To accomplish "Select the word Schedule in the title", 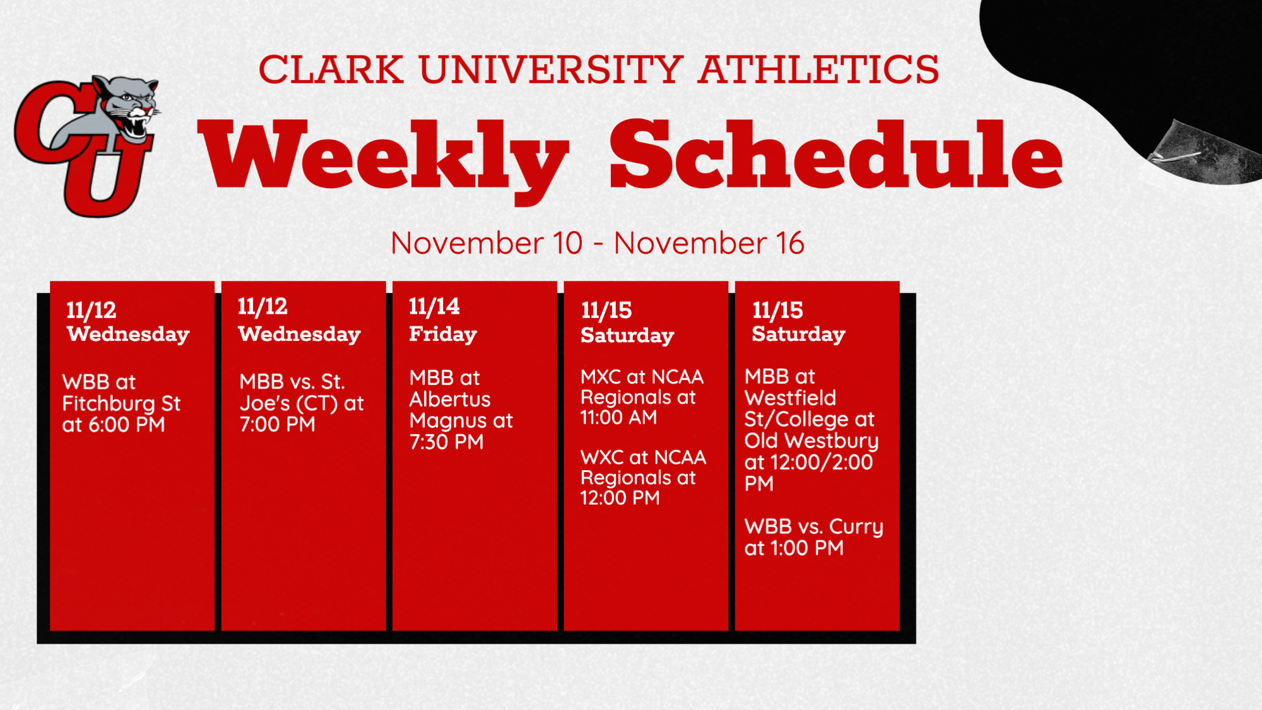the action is [836, 155].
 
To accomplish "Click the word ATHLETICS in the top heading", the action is [818, 69].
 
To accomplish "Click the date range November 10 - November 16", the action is [598, 243].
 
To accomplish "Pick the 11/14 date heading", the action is [434, 307].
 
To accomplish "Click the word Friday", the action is [443, 334].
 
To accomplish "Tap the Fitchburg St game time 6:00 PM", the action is [126, 425].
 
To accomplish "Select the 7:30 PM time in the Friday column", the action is [447, 442].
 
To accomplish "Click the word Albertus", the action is [450, 399].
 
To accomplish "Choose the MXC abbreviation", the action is [600, 377].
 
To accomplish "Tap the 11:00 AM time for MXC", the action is [619, 417].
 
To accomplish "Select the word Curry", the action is [856, 528].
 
